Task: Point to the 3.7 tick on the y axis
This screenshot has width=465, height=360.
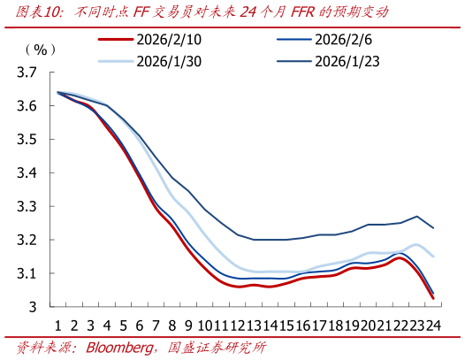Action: pyautogui.click(x=27, y=73)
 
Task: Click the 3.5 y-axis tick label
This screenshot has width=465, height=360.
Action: pyautogui.click(x=27, y=140)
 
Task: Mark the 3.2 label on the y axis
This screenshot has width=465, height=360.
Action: pyautogui.click(x=27, y=241)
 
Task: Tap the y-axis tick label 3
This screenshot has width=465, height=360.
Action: pyautogui.click(x=34, y=307)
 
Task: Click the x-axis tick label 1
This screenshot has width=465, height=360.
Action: pyautogui.click(x=57, y=324)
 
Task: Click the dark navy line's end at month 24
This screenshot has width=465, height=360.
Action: pyautogui.click(x=432, y=228)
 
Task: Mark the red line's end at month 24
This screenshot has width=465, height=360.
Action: pyautogui.click(x=432, y=298)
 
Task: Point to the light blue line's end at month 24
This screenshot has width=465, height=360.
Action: pyautogui.click(x=432, y=257)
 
